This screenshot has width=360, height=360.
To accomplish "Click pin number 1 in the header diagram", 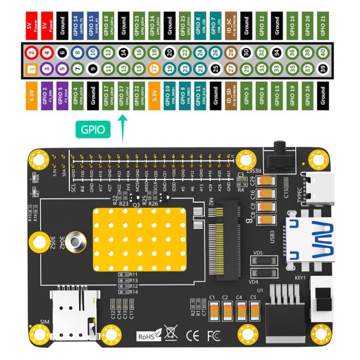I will [32, 69].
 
